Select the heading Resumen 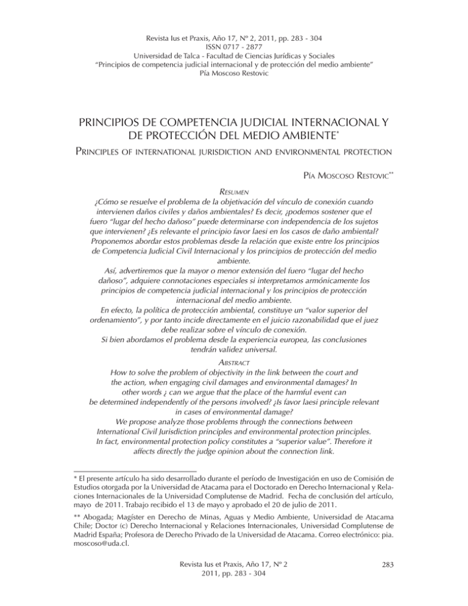233,190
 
